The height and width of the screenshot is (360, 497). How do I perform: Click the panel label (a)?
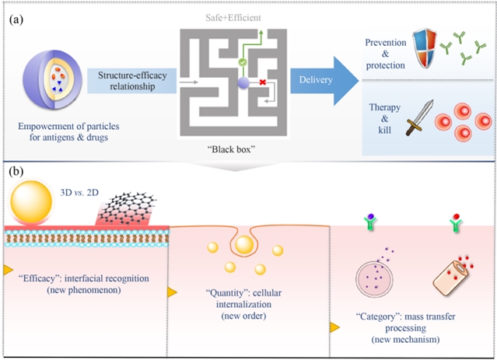(15, 19)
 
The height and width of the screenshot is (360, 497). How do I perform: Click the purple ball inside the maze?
(243, 82)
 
